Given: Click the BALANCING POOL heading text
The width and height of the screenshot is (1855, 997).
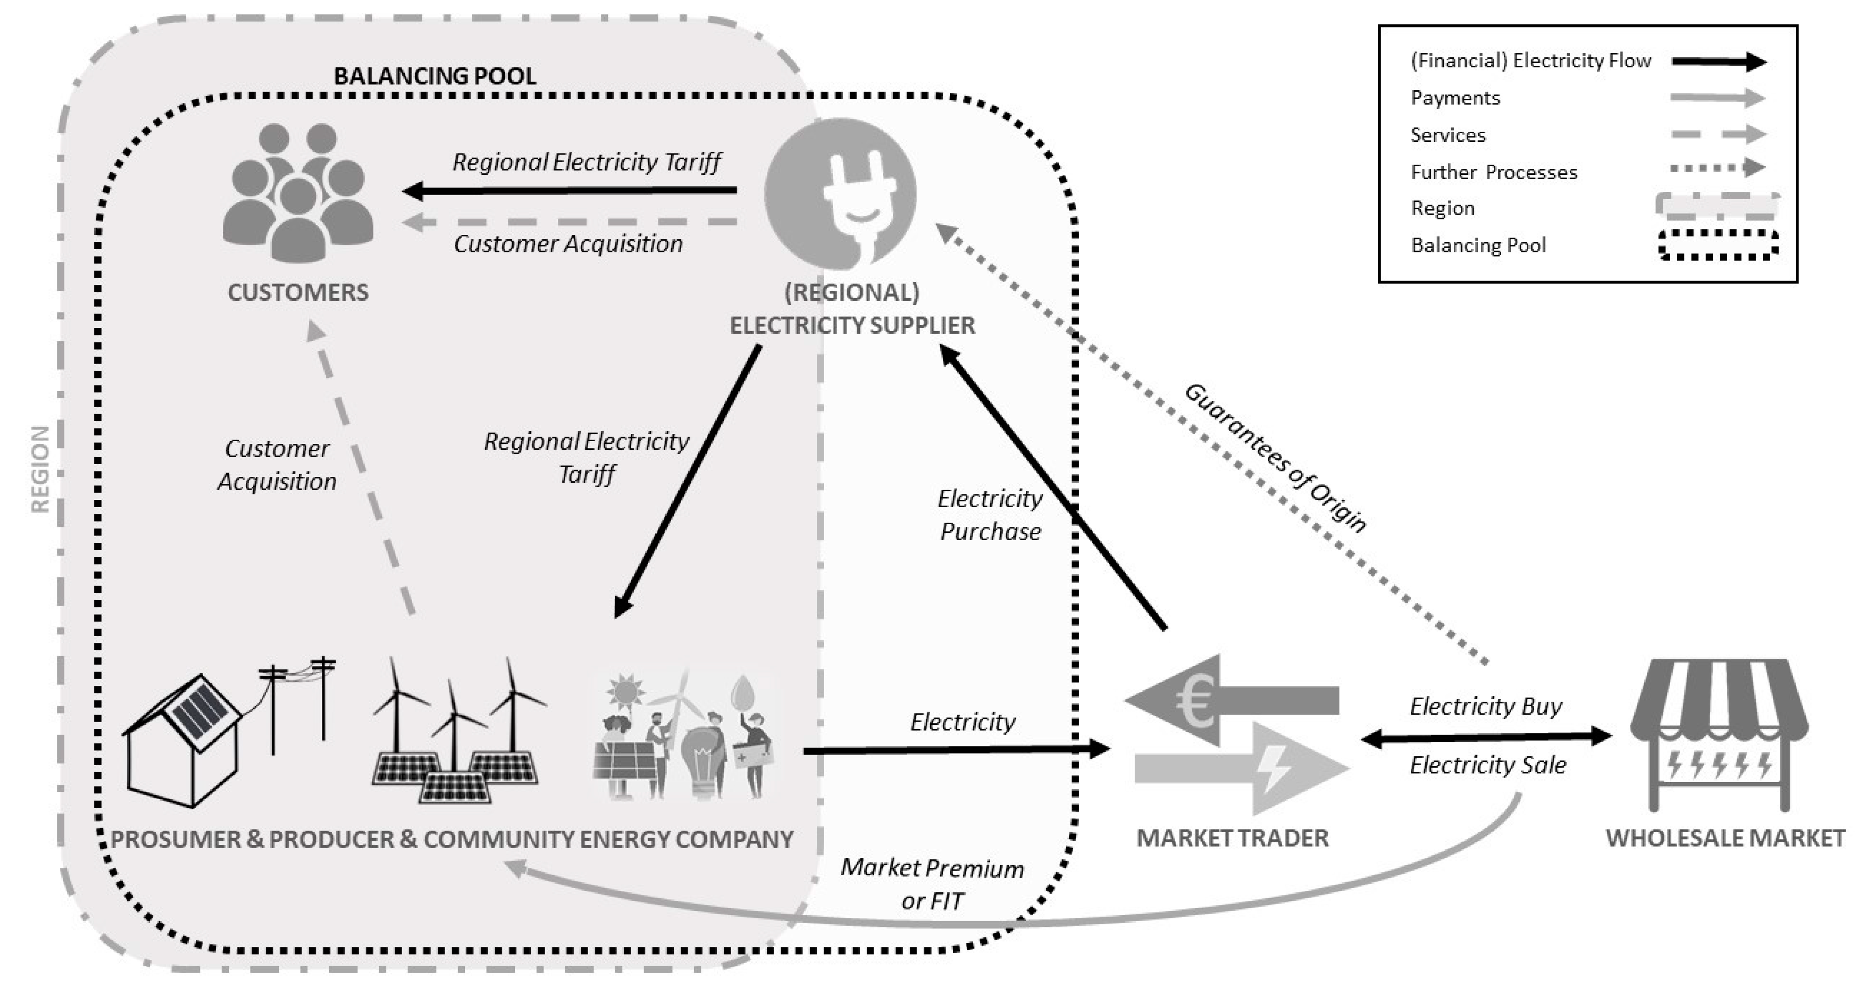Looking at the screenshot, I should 435,76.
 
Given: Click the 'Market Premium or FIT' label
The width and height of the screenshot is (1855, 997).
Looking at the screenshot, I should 932,884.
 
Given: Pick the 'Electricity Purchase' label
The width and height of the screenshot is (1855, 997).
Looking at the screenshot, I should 990,514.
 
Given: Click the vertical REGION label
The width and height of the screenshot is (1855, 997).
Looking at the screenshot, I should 40,468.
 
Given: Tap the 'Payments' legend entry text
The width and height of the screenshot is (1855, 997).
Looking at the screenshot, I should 1455,98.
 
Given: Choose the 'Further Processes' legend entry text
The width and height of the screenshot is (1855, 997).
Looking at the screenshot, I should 1493,172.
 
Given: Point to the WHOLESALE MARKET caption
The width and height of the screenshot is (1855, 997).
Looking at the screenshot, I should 1725,838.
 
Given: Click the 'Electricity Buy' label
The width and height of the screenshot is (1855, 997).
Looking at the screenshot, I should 1486,706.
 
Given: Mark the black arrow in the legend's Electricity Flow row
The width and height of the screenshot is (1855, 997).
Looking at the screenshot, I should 1718,62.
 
